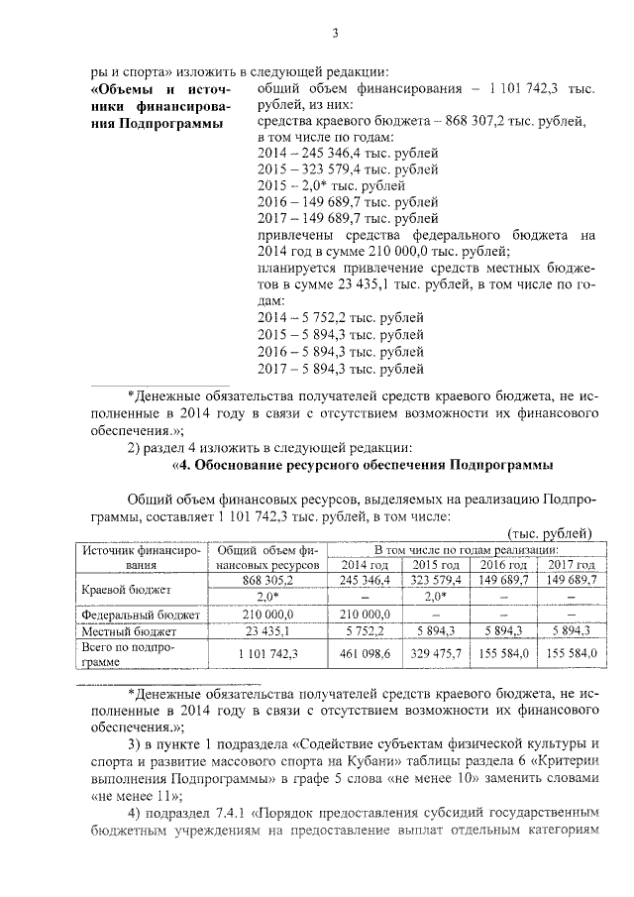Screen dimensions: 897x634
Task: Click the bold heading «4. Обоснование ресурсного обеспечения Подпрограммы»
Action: [x=363, y=465]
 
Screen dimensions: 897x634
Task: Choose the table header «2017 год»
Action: [x=566, y=565]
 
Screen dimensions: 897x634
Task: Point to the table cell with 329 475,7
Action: [x=430, y=653]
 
